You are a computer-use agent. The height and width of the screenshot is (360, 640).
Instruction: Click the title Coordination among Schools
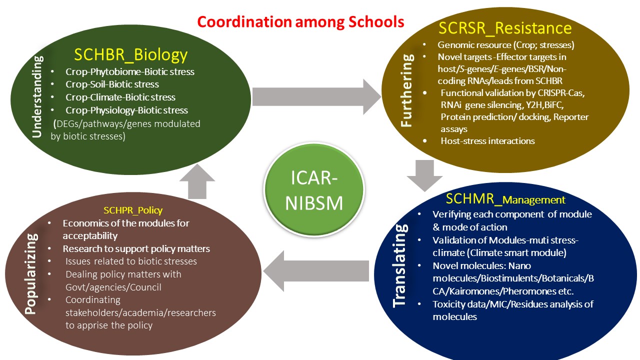(300, 22)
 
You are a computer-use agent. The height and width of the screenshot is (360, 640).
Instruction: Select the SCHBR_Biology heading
(130, 54)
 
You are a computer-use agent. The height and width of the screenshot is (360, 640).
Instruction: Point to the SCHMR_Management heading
(505, 199)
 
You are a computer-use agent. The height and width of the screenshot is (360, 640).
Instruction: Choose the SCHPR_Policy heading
(133, 210)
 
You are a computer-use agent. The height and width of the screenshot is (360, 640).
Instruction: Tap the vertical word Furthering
(407, 90)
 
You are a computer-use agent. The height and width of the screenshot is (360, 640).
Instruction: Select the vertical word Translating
(399, 265)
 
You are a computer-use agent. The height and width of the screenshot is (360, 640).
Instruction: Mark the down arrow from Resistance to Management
(424, 175)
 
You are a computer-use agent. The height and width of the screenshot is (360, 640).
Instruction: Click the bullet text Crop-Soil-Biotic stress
(112, 84)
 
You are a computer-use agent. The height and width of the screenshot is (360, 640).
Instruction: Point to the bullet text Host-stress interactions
(487, 141)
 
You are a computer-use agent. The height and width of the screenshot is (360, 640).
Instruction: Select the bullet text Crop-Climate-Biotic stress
(120, 97)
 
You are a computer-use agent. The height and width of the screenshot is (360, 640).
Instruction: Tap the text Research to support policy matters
(136, 248)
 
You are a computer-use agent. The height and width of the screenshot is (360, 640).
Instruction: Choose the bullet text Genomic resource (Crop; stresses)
(505, 45)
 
